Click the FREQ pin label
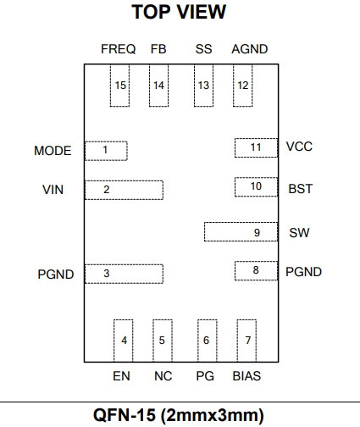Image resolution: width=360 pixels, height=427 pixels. coord(119,49)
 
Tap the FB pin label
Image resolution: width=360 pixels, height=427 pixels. coord(158,49)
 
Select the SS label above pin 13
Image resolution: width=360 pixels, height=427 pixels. coord(203,49)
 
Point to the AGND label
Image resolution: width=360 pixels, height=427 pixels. coord(250,49)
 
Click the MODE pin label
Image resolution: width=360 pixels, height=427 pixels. coord(53,151)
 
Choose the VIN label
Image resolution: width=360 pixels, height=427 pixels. coord(53,190)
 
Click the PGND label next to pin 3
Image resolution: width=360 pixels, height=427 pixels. coord(56,274)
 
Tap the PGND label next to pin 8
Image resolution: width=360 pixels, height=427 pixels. coord(303,272)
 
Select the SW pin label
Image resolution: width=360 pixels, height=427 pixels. coord(299,233)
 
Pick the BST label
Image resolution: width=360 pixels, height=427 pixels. coord(301,189)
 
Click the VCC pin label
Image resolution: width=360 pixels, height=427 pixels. coord(299,147)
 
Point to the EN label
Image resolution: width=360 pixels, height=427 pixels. coord(121,376)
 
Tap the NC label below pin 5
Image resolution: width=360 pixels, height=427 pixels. coord(163,376)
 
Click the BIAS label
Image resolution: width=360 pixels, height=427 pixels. coord(246,376)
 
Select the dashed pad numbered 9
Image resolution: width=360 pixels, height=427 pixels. coord(241,232)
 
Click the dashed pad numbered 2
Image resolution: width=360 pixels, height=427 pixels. coord(124,190)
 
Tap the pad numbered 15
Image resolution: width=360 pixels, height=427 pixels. coord(119,86)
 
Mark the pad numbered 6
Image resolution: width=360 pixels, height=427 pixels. coord(208,341)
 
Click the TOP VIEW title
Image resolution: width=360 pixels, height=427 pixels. coord(179,12)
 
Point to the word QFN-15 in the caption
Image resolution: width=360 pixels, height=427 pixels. coord(125,415)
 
